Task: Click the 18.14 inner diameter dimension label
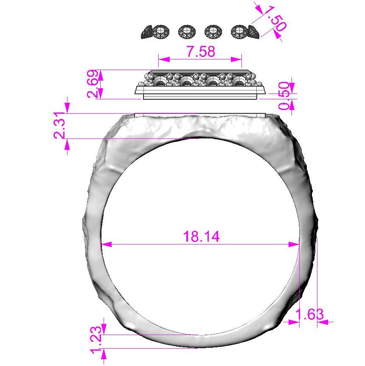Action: coord(201,236)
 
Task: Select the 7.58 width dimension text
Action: coord(201,51)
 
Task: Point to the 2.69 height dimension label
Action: coord(94,84)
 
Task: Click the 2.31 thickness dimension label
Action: coord(59,126)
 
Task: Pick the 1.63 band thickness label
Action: coord(309,315)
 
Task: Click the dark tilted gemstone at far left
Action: coord(147,32)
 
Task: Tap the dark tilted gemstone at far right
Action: coord(253,32)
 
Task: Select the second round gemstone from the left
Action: coord(186,31)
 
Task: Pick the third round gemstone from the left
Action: coord(213,31)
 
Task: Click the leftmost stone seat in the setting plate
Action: coord(161,82)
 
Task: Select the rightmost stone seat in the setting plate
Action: coord(239,82)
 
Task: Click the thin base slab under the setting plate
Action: coord(200,97)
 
